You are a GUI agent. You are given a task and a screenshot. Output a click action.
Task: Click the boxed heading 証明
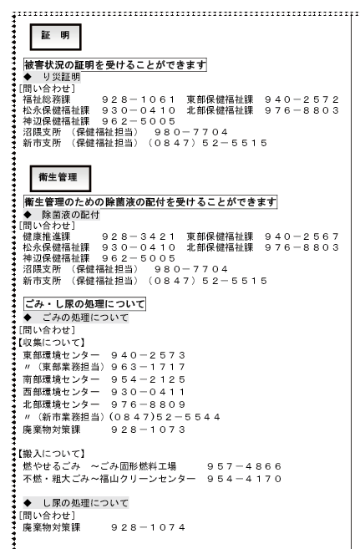pos(55,36)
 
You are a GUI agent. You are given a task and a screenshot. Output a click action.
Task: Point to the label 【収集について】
pos(49,342)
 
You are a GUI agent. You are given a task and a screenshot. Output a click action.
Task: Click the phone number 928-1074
pos(143,527)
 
